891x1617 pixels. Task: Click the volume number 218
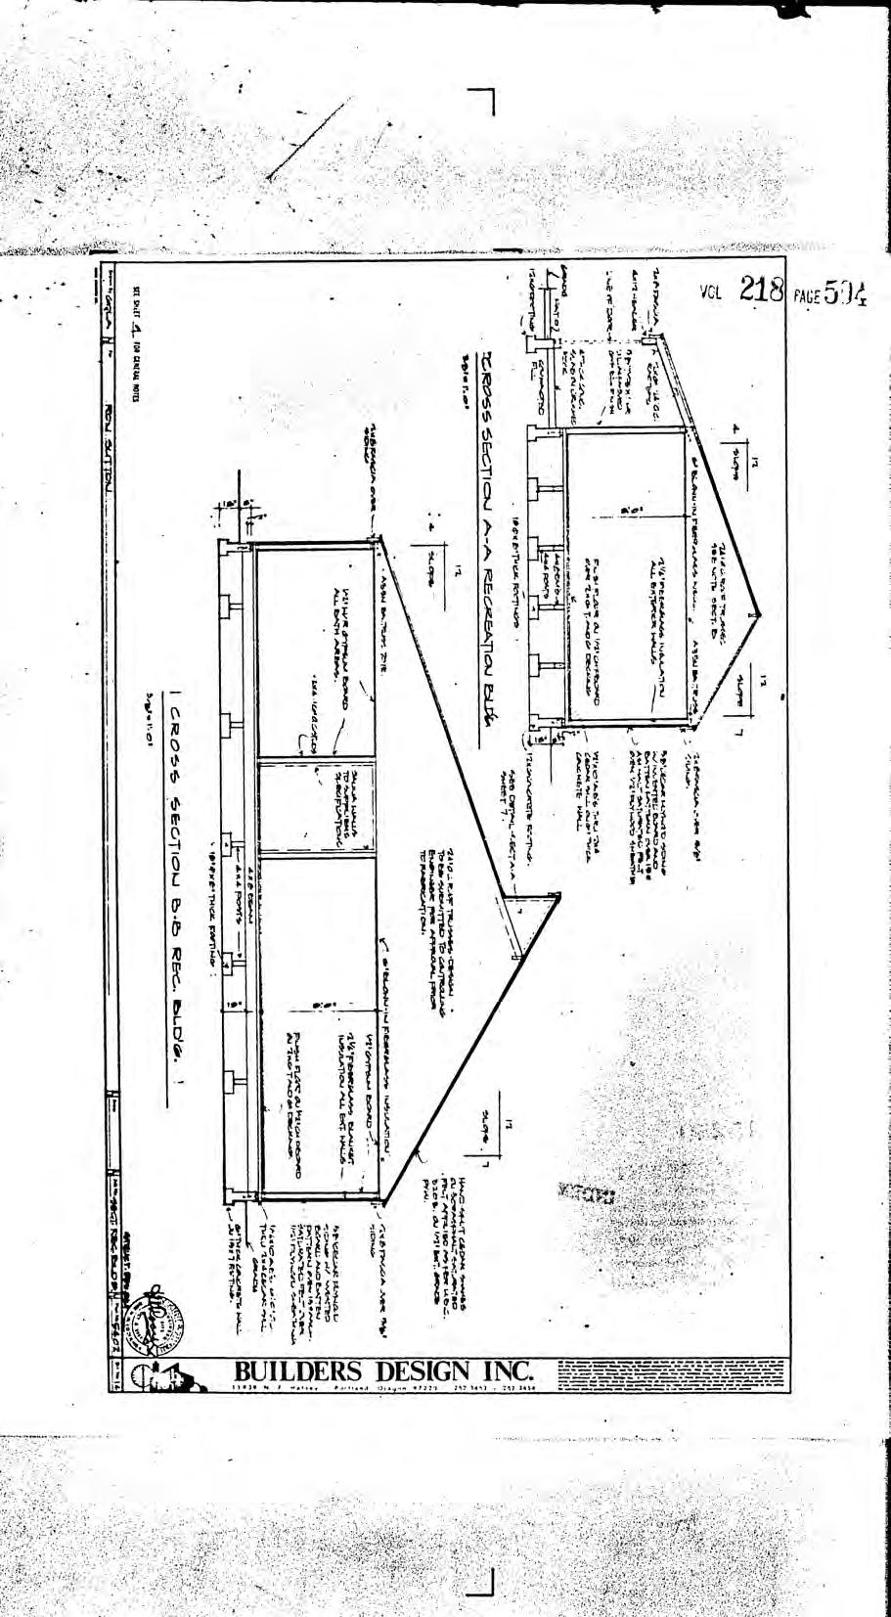click(763, 290)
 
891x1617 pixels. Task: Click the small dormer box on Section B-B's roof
click(528, 918)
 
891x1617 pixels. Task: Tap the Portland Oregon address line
click(381, 1389)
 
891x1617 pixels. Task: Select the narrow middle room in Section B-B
click(316, 804)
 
